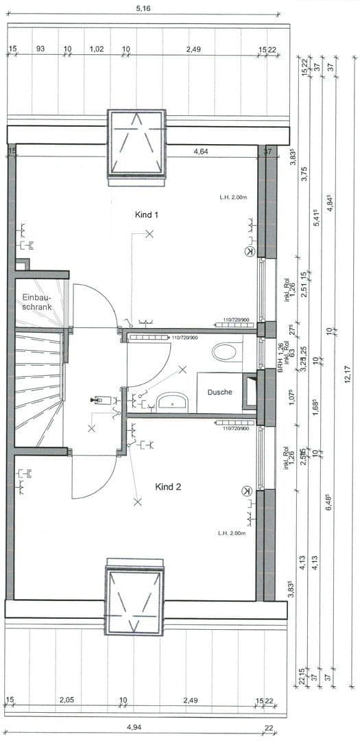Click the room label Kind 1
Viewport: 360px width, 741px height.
click(x=147, y=215)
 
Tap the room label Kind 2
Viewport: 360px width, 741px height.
click(x=168, y=487)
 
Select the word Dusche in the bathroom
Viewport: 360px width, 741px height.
click(x=219, y=392)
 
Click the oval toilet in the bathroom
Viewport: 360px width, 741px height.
click(x=224, y=353)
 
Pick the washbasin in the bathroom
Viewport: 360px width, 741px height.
click(x=168, y=401)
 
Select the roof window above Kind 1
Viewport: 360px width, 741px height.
click(x=136, y=143)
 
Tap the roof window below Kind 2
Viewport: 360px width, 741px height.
click(x=134, y=601)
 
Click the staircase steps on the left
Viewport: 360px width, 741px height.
click(x=38, y=388)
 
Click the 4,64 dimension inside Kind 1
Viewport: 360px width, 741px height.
click(x=201, y=152)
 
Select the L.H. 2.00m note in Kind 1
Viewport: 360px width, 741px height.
click(x=233, y=198)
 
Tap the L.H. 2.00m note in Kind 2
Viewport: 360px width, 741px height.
click(x=232, y=532)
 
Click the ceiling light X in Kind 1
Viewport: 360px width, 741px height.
click(x=149, y=235)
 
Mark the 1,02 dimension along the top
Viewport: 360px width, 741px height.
click(x=97, y=49)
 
